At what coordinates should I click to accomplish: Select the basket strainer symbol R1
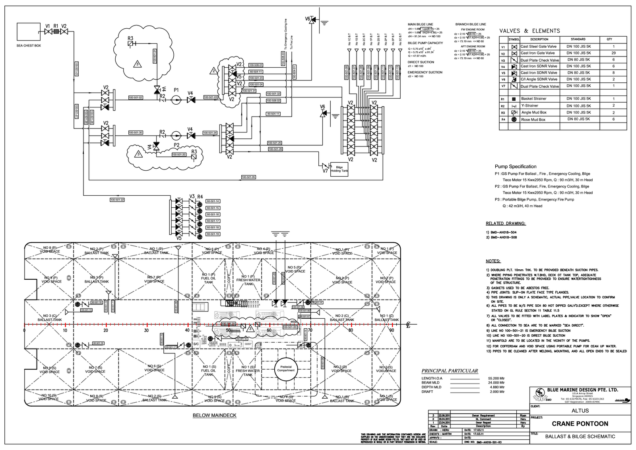[x=56, y=31]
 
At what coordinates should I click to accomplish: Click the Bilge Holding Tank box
[x=339, y=169]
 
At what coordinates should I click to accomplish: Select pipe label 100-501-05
[x=248, y=177]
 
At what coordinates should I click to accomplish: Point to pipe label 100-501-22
[x=117, y=200]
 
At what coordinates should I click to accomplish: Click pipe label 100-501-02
[x=136, y=97]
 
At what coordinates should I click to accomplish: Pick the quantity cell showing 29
[x=613, y=53]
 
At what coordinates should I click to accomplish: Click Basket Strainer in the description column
[x=533, y=99]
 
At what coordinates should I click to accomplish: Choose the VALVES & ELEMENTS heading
[x=529, y=31]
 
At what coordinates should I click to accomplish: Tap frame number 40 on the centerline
[x=187, y=330]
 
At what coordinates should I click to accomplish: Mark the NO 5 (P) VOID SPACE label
[x=295, y=269]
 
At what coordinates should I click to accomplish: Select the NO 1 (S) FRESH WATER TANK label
[x=248, y=370]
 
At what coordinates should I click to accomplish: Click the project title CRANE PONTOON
[x=580, y=423]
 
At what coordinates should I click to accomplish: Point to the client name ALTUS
[x=580, y=411]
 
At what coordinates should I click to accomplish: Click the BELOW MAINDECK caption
[x=214, y=415]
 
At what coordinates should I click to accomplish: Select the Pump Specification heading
[x=515, y=167]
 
